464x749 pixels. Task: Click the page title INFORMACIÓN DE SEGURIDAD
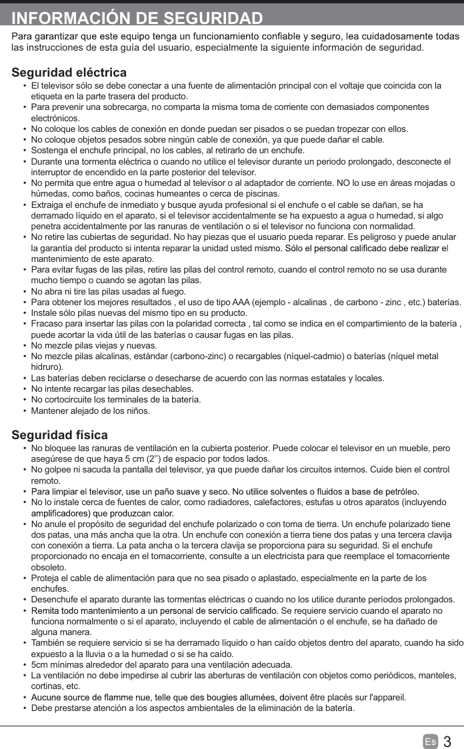click(x=137, y=17)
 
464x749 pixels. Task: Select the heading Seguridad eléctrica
click(x=69, y=72)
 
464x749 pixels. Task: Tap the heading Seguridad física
click(x=60, y=436)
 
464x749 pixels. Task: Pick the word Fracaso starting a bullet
click(x=47, y=324)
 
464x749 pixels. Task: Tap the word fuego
click(x=173, y=291)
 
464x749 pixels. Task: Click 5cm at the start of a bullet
click(x=41, y=665)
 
